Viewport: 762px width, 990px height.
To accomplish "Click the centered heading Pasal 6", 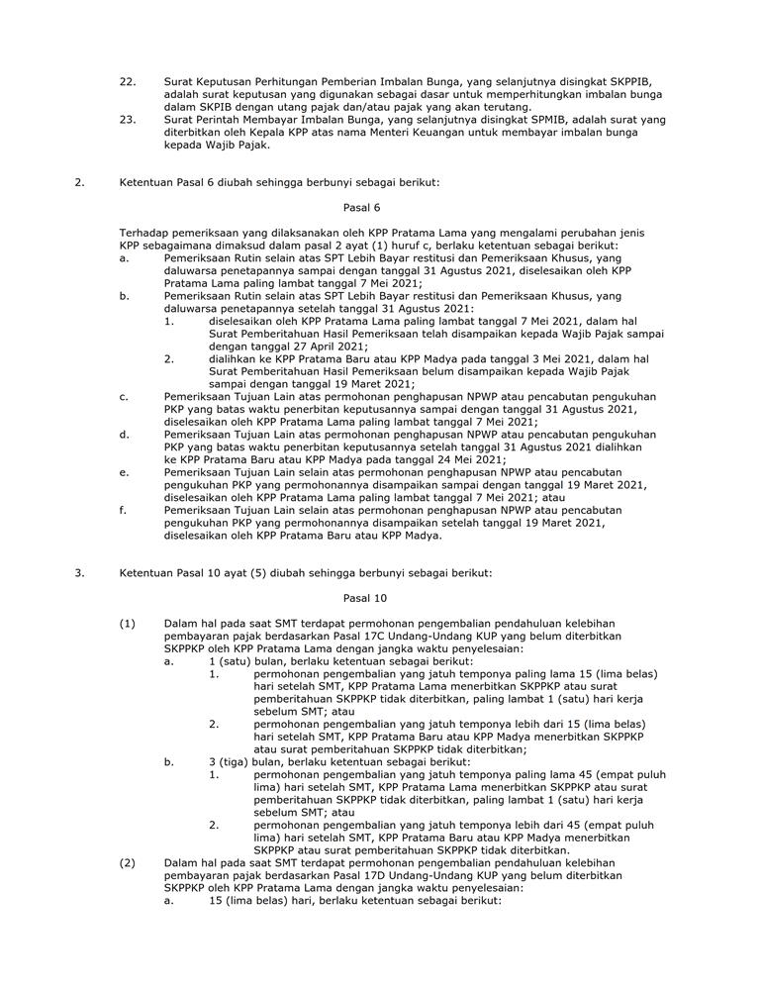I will point(360,208).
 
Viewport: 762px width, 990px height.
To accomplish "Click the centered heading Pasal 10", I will point(364,598).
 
